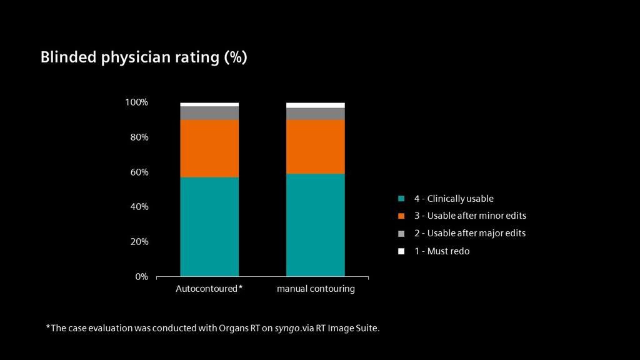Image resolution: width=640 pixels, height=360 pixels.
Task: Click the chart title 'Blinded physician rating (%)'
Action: pyautogui.click(x=144, y=57)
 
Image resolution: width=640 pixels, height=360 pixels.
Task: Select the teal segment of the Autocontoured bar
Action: pyautogui.click(x=209, y=226)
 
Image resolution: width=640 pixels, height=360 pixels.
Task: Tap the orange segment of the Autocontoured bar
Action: pyautogui.click(x=209, y=148)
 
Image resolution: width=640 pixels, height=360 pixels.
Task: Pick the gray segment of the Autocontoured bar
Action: pyautogui.click(x=209, y=112)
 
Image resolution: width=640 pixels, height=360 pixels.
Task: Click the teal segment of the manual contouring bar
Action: pyautogui.click(x=316, y=224)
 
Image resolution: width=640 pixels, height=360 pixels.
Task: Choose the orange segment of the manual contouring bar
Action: pyautogui.click(x=316, y=146)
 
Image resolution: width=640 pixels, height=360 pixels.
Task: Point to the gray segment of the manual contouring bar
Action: pyautogui.click(x=316, y=114)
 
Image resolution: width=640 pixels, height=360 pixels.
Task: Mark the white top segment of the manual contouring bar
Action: pyautogui.click(x=316, y=105)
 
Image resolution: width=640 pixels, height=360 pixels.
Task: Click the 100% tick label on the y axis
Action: pyautogui.click(x=136, y=102)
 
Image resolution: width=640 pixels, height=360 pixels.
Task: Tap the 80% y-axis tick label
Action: pyautogui.click(x=138, y=137)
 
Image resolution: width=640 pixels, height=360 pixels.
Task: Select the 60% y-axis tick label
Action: pyautogui.click(x=138, y=172)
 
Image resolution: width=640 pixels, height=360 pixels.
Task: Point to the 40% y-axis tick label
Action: pyautogui.click(x=138, y=207)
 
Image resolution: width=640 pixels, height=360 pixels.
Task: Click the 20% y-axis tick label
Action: pyautogui.click(x=138, y=242)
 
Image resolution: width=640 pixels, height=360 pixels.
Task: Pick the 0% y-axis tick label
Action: pyautogui.click(x=141, y=276)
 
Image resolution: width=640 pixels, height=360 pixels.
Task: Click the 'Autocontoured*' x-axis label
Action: pyautogui.click(x=209, y=289)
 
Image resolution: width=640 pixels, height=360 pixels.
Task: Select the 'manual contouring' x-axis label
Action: pyautogui.click(x=316, y=289)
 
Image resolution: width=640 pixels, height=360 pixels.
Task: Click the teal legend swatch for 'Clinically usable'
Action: pyautogui.click(x=402, y=199)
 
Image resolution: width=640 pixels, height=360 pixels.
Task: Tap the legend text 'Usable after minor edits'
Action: pyautogui.click(x=476, y=216)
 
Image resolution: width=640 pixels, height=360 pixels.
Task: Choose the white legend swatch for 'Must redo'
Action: pyautogui.click(x=402, y=251)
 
